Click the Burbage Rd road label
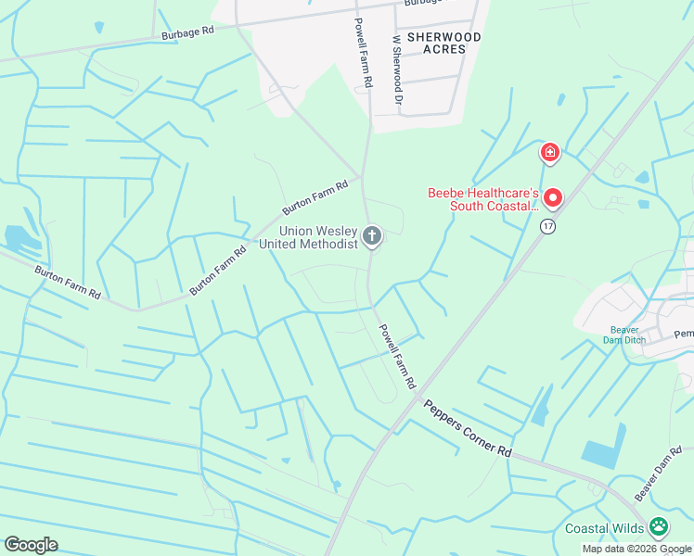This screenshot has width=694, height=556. (188, 31)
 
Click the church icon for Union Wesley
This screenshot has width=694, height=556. (372, 236)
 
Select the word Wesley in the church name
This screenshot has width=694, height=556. (337, 231)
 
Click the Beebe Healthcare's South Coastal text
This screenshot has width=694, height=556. (482, 199)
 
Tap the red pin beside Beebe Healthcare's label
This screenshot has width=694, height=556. (553, 198)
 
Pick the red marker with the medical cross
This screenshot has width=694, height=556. (550, 152)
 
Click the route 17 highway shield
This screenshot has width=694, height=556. (547, 226)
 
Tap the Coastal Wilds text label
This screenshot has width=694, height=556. (604, 529)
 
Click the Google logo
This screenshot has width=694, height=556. (31, 545)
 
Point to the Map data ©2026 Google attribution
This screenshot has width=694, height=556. (637, 549)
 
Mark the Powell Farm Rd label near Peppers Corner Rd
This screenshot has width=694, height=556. (396, 356)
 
